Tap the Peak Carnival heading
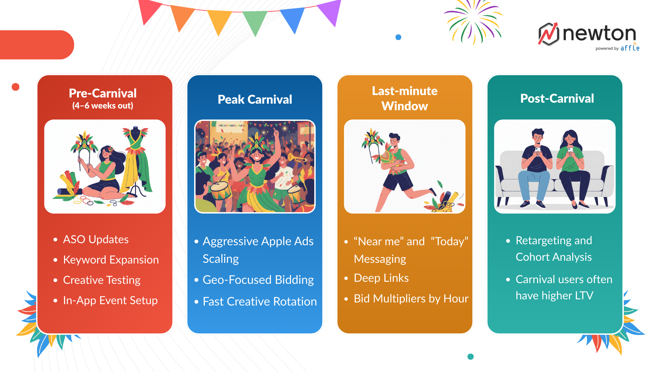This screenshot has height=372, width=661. click(255, 100)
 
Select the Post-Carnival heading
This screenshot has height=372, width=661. click(557, 99)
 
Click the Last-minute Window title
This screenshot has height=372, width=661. click(405, 99)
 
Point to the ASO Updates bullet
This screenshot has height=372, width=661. click(96, 239)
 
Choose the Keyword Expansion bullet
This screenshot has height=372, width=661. click(111, 260)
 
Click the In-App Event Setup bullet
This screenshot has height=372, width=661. click(110, 300)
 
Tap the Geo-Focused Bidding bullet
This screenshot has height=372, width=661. click(258, 280)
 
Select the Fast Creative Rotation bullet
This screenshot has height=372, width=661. click(260, 301)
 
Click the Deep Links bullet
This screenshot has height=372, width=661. click(381, 278)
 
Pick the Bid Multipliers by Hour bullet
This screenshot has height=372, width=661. click(411, 299)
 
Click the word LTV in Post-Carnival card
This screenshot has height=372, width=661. click(584, 296)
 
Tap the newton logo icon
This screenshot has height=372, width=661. click(548, 34)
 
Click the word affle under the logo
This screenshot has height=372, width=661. click(630, 48)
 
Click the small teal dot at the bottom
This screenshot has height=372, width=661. click(471, 356)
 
